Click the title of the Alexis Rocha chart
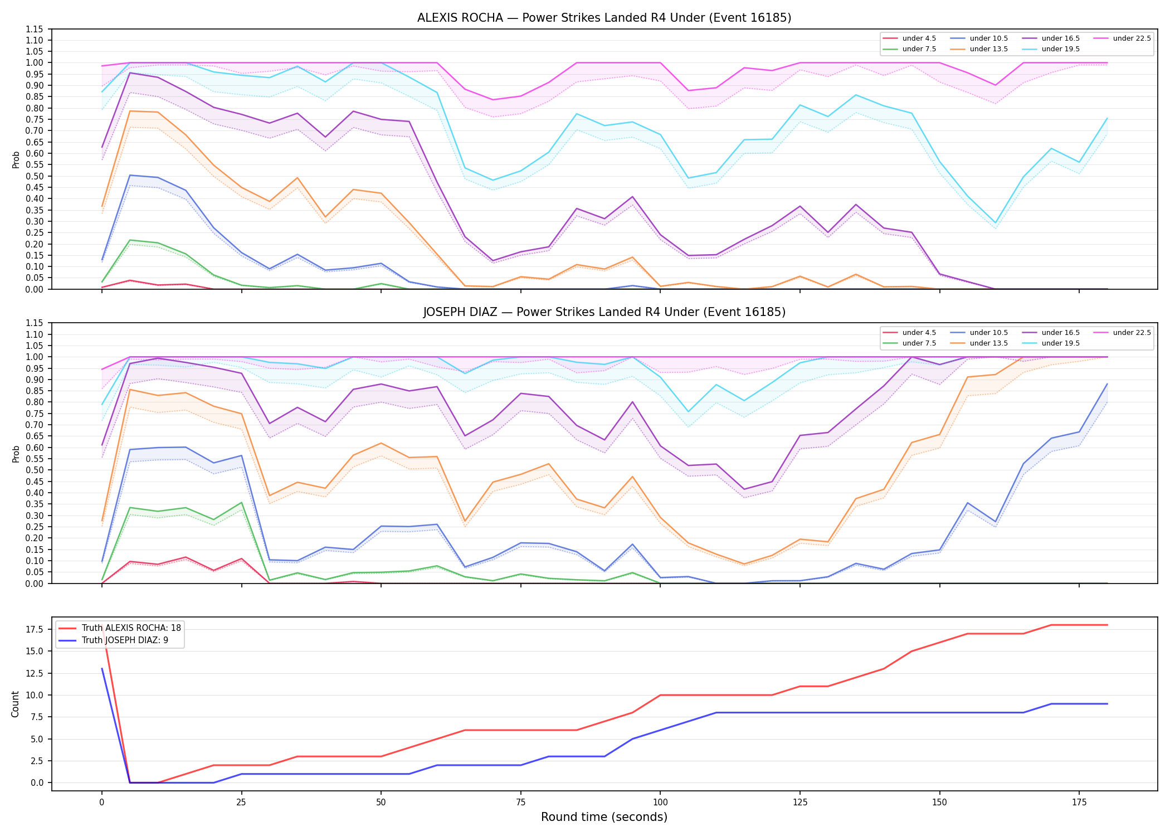click(604, 18)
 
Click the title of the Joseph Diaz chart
click(604, 312)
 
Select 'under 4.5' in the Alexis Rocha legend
click(919, 38)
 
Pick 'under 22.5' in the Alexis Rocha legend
click(1132, 38)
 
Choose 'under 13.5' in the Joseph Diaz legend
click(988, 343)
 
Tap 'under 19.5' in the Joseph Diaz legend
click(1060, 343)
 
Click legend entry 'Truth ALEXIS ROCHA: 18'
click(131, 628)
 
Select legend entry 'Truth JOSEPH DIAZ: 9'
click(125, 640)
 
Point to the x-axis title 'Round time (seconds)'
click(604, 817)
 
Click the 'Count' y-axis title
click(15, 704)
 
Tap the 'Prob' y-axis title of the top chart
click(16, 159)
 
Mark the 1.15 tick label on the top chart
click(35, 29)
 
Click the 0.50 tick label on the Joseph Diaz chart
click(35, 470)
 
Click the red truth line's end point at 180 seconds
click(1107, 625)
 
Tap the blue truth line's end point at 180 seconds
click(1107, 704)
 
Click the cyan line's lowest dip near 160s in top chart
click(996, 223)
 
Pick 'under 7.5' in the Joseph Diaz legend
click(919, 343)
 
